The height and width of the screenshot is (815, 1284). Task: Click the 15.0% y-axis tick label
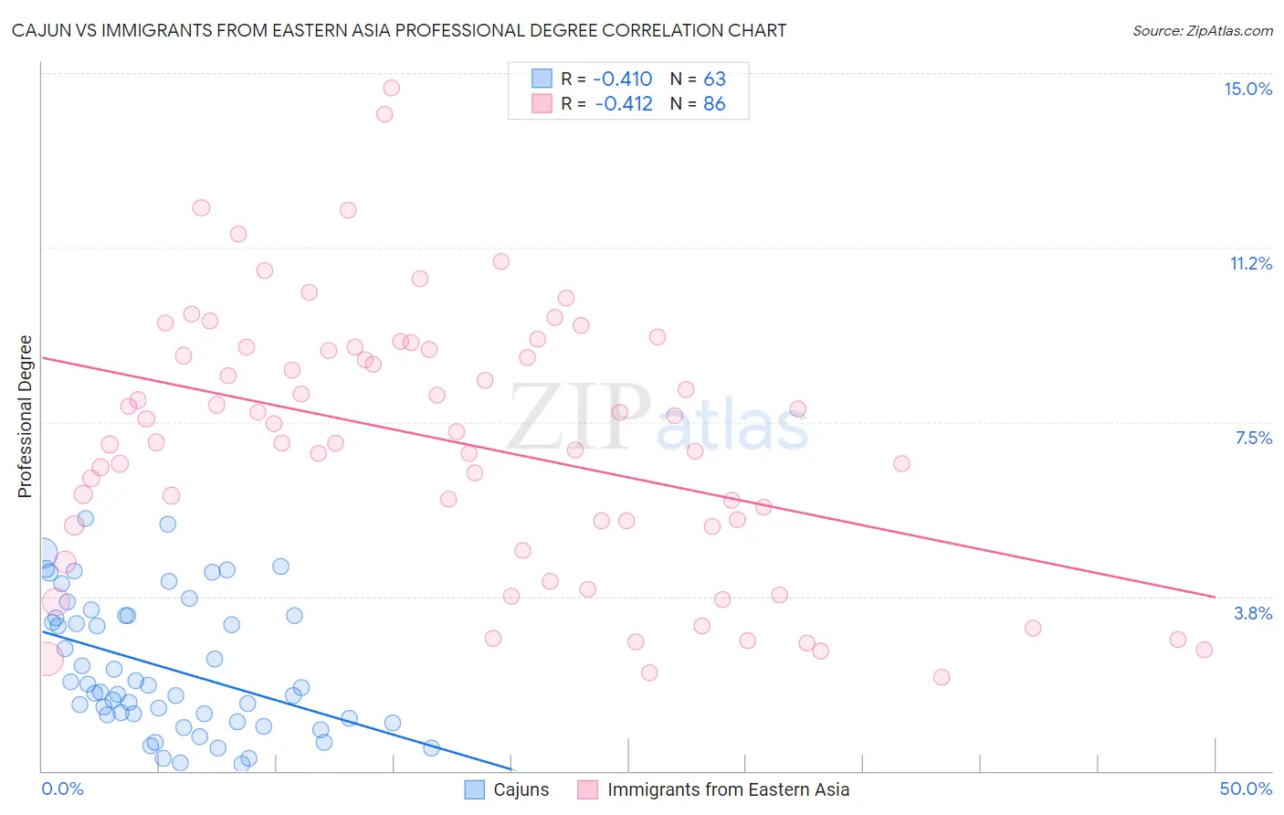click(x=1247, y=89)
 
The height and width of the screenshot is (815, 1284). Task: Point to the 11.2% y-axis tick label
click(x=1250, y=263)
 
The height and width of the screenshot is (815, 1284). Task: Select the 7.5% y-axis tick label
click(x=1253, y=438)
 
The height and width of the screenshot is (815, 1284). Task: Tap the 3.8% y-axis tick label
click(x=1253, y=613)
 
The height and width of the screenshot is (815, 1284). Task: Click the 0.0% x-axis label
click(x=62, y=789)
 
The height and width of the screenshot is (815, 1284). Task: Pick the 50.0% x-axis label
click(x=1246, y=789)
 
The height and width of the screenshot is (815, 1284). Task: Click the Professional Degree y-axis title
click(x=25, y=417)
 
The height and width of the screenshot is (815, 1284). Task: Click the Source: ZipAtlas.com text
click(x=1202, y=30)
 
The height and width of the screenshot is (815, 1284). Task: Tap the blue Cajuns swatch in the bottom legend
click(x=475, y=789)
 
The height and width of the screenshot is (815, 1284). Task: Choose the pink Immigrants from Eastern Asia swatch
click(x=588, y=789)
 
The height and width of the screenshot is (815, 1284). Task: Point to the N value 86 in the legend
click(x=714, y=104)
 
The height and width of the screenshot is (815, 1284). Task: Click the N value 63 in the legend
click(x=714, y=79)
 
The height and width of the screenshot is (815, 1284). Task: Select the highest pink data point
click(x=391, y=88)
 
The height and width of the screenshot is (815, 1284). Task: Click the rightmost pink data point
click(x=1204, y=650)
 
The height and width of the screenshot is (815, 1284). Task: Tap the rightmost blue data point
click(x=431, y=748)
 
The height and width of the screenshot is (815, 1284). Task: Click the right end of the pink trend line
click(x=1215, y=597)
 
